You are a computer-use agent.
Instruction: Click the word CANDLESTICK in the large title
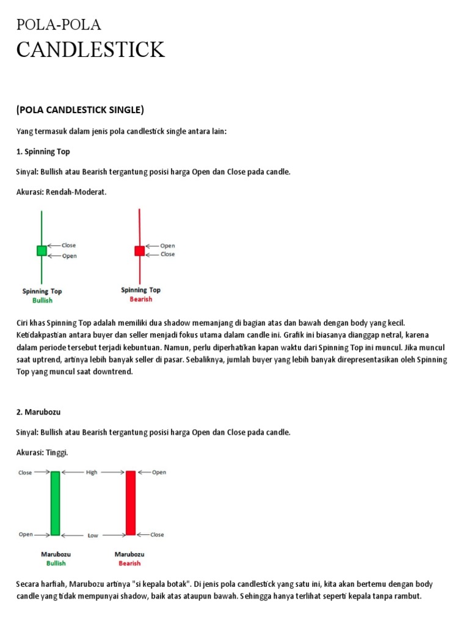pyautogui.click(x=90, y=50)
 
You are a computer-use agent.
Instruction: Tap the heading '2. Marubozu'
pyautogui.click(x=38, y=412)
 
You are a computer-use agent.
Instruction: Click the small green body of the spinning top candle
pyautogui.click(x=42, y=250)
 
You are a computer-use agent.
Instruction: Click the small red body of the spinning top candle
pyautogui.click(x=140, y=250)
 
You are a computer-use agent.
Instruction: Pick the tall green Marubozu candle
pyautogui.click(x=56, y=503)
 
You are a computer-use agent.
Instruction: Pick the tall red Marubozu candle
pyautogui.click(x=130, y=503)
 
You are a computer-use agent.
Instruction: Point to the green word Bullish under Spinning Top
pyautogui.click(x=42, y=300)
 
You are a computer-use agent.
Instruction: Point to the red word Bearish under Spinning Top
pyautogui.click(x=140, y=299)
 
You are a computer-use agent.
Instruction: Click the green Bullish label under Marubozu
pyautogui.click(x=56, y=563)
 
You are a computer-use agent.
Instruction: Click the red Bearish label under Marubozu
pyautogui.click(x=129, y=563)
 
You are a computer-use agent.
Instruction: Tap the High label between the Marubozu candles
pyautogui.click(x=92, y=473)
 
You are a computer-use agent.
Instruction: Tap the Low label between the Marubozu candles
pyautogui.click(x=92, y=536)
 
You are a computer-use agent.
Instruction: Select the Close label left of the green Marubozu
pyautogui.click(x=25, y=473)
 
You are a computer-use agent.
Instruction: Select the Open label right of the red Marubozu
pyautogui.click(x=159, y=473)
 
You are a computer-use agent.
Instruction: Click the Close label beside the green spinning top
pyautogui.click(x=68, y=245)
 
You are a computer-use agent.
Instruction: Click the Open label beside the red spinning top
pyautogui.click(x=167, y=246)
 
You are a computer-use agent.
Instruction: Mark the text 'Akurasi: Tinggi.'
pyautogui.click(x=42, y=452)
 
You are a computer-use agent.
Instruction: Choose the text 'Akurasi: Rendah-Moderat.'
pyautogui.click(x=61, y=192)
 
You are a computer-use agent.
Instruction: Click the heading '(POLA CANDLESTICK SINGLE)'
pyautogui.click(x=80, y=110)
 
